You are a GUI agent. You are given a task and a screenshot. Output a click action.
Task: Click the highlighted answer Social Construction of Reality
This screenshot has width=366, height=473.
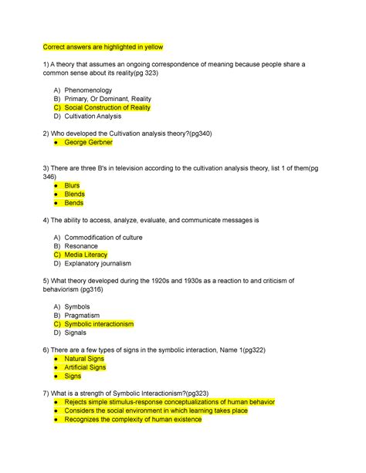coord(107,107)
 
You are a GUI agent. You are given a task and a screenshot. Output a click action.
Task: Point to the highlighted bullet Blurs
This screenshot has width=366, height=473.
coord(72,185)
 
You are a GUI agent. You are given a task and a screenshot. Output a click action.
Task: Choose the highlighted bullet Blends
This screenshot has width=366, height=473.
coord(74,194)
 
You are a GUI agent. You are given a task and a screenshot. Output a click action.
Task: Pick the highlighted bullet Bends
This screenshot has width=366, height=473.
coord(73,203)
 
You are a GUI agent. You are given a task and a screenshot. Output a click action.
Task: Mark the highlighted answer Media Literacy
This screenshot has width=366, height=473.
coord(86,255)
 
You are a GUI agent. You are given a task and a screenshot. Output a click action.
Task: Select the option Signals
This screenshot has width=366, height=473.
coord(80,333)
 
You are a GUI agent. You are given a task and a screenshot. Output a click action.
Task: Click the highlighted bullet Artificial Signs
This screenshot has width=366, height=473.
coord(86,367)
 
